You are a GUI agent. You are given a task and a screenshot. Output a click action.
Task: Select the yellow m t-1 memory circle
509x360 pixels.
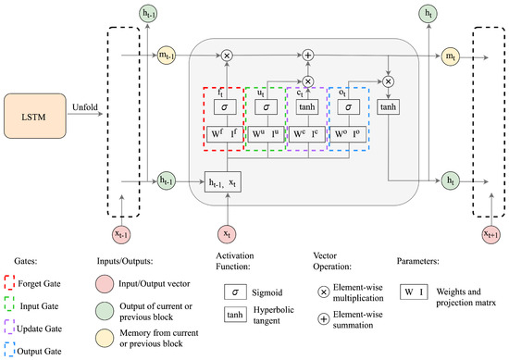pyautogui.click(x=167, y=56)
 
